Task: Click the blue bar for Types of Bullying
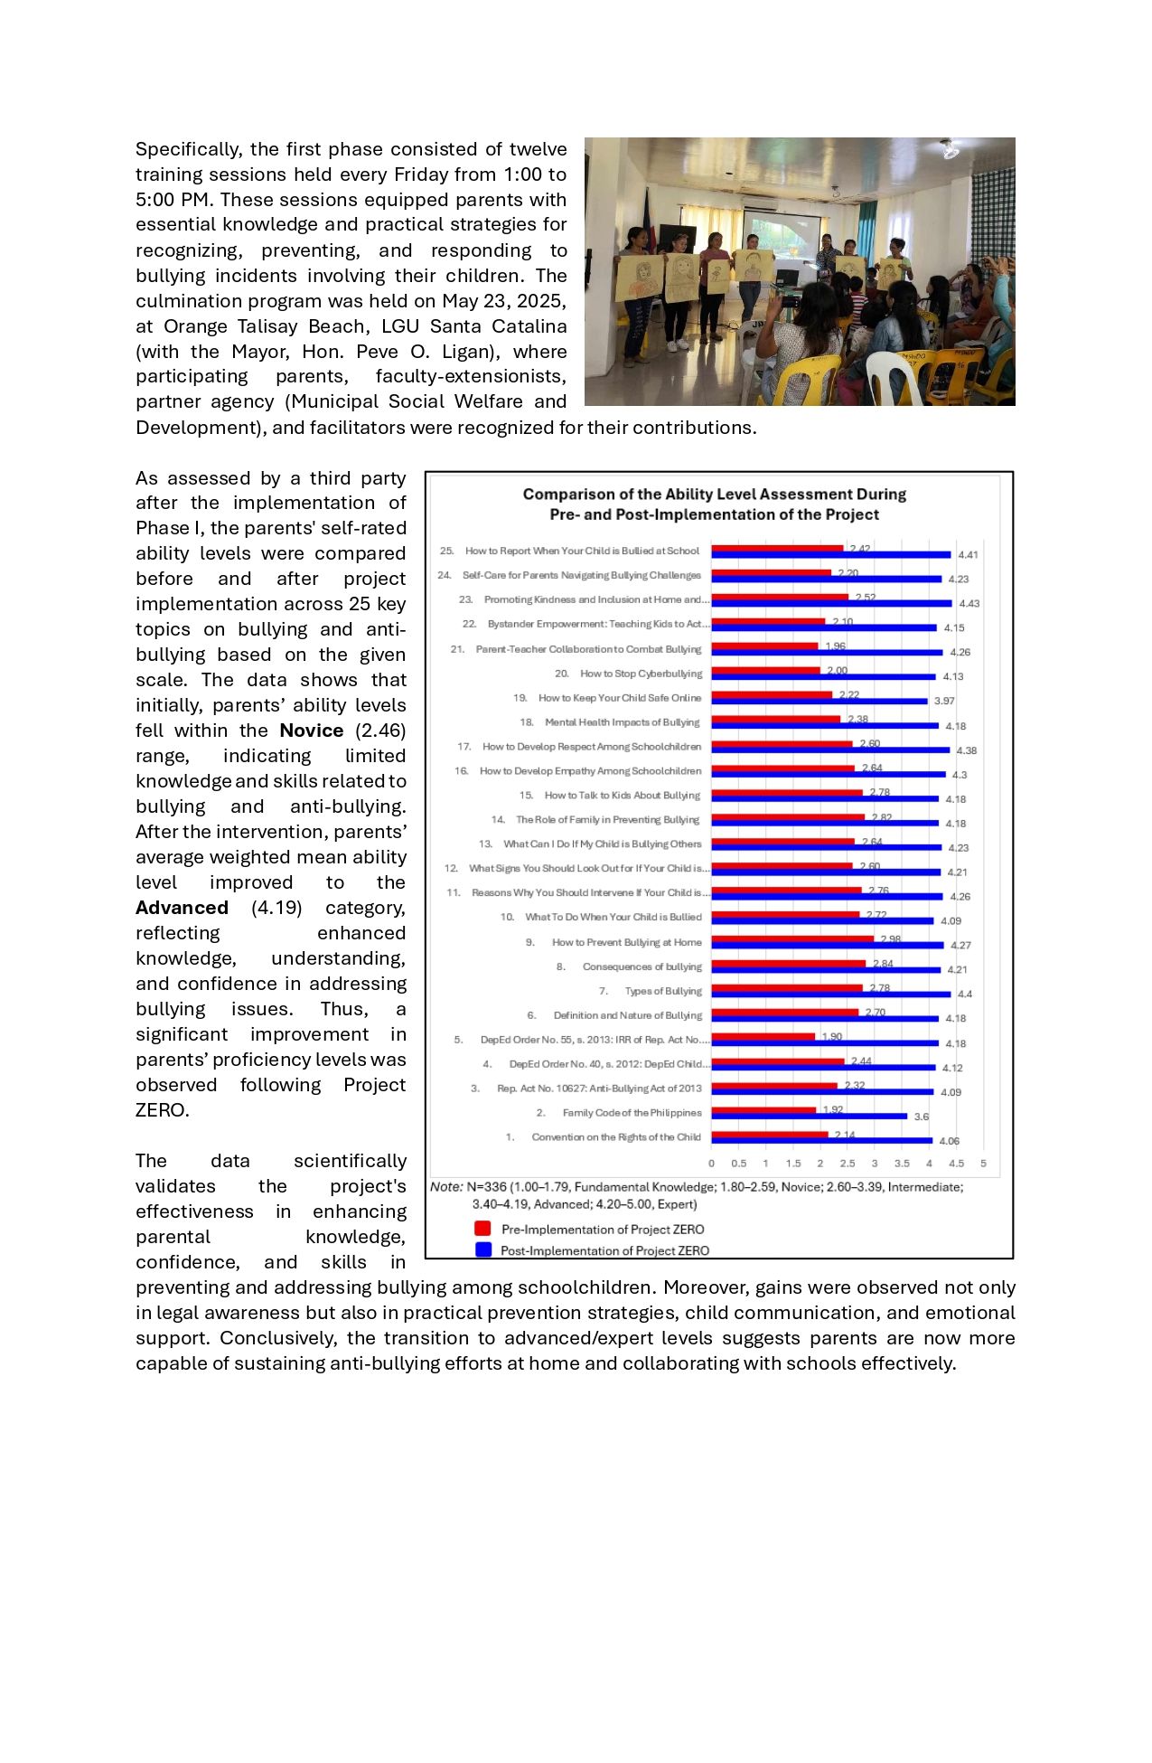pyautogui.click(x=831, y=995)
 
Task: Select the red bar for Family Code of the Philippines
pyautogui.click(x=763, y=1110)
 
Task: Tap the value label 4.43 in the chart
pyautogui.click(x=969, y=604)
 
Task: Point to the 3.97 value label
pyautogui.click(x=944, y=702)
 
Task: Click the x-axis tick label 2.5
pyautogui.click(x=848, y=1164)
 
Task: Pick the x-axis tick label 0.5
pyautogui.click(x=739, y=1164)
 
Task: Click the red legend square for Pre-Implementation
pyautogui.click(x=482, y=1229)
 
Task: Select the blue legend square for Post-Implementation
pyautogui.click(x=483, y=1249)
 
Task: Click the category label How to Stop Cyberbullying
pyautogui.click(x=641, y=674)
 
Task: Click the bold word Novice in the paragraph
pyautogui.click(x=312, y=731)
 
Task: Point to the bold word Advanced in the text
pyautogui.click(x=182, y=908)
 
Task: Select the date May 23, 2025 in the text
pyautogui.click(x=503, y=301)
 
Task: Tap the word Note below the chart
pyautogui.click(x=446, y=1187)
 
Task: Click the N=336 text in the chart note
pyautogui.click(x=487, y=1187)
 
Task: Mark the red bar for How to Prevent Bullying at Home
pyautogui.click(x=792, y=939)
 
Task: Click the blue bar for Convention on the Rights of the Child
pyautogui.click(x=821, y=1141)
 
